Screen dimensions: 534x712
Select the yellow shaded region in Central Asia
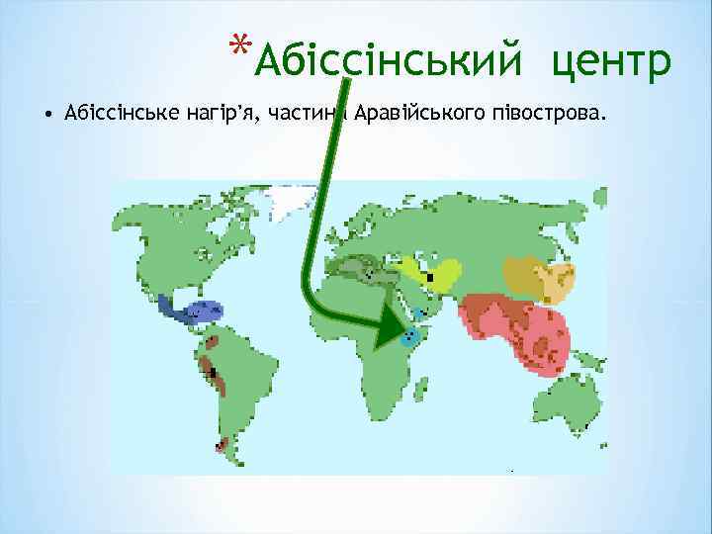(433, 271)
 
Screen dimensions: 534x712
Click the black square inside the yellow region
(429, 278)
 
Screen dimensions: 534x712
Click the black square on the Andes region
(215, 372)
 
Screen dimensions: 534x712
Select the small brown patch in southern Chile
(225, 447)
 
